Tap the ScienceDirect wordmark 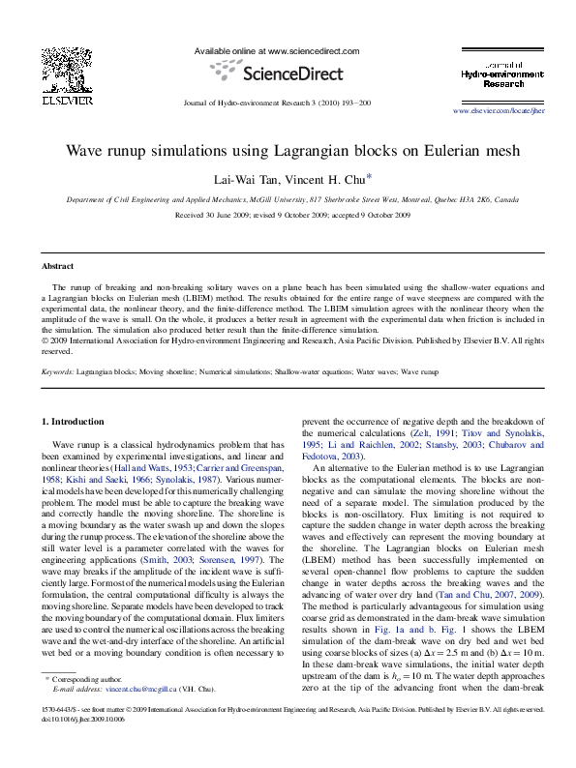pos(292,74)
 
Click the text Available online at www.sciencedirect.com pos(277,50)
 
